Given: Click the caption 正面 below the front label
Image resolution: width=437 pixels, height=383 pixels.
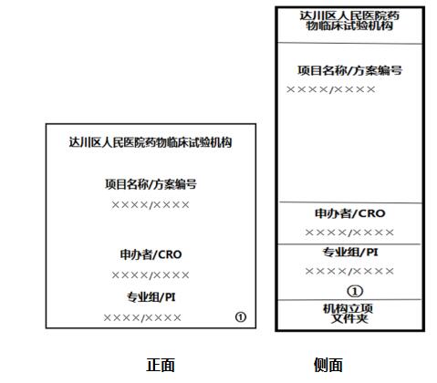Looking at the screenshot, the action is pyautogui.click(x=161, y=365).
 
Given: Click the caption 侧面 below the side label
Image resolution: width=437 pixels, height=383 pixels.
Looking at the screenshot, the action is pyautogui.click(x=328, y=365).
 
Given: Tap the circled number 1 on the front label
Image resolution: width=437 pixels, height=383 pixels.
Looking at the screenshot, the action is pyautogui.click(x=241, y=317).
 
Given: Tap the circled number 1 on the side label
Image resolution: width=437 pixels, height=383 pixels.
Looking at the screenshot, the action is pyautogui.click(x=355, y=291).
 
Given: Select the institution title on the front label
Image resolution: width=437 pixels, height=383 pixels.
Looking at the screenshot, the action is pyautogui.click(x=151, y=142).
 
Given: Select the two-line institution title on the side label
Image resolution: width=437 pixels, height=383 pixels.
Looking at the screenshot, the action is pyautogui.click(x=349, y=21).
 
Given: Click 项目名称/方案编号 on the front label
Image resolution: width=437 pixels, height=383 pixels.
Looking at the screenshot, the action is pyautogui.click(x=151, y=184).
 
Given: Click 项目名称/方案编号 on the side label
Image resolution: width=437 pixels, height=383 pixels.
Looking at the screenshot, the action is pyautogui.click(x=349, y=70).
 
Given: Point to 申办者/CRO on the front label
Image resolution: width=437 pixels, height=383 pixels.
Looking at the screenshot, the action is pyautogui.click(x=151, y=254).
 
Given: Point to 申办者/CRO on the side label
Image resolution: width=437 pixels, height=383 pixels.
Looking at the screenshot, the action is pyautogui.click(x=350, y=213).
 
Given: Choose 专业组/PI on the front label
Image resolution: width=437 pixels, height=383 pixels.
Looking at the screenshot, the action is pyautogui.click(x=151, y=297).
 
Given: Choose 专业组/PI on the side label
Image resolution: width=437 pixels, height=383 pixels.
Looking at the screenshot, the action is pyautogui.click(x=350, y=253).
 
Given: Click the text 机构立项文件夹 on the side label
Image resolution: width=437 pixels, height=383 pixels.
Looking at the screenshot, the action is pyautogui.click(x=349, y=314).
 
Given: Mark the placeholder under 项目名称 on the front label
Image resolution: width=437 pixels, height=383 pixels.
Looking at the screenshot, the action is pyautogui.click(x=151, y=205).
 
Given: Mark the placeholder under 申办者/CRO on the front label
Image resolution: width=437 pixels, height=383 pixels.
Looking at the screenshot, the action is pyautogui.click(x=151, y=275).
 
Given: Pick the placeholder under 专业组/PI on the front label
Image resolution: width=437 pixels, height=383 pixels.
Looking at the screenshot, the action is pyautogui.click(x=142, y=318).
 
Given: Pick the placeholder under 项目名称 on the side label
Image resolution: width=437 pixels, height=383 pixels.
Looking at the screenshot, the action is pyautogui.click(x=331, y=89).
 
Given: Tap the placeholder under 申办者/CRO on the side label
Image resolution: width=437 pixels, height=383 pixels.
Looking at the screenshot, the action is pyautogui.click(x=349, y=233).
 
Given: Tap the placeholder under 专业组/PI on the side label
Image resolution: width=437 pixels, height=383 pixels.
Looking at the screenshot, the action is pyautogui.click(x=349, y=271).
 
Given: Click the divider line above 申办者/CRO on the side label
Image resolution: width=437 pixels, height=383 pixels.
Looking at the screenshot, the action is pyautogui.click(x=350, y=202).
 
